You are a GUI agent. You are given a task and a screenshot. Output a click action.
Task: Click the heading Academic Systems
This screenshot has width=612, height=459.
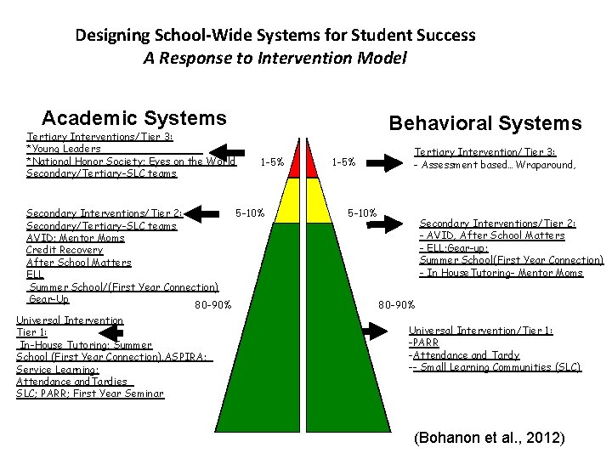[x=134, y=118]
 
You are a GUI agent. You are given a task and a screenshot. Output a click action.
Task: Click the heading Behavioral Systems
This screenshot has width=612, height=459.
[x=485, y=123]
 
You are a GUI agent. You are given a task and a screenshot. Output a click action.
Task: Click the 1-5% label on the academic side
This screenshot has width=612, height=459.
[x=272, y=161]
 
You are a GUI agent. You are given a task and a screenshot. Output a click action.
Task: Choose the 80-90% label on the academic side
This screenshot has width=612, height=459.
[x=212, y=304]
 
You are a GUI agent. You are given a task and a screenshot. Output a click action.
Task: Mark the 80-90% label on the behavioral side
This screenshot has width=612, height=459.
[x=396, y=304]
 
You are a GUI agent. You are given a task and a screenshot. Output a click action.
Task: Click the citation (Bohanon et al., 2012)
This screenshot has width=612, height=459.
[x=489, y=439]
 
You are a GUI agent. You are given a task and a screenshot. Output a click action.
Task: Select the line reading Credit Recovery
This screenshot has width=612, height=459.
[x=65, y=250]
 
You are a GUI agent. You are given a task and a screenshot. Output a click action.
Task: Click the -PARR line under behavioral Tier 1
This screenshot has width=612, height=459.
[x=423, y=343]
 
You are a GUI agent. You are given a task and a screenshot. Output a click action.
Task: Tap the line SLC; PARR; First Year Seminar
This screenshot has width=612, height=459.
[x=90, y=394]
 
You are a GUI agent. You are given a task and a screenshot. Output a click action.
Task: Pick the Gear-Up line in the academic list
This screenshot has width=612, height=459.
[x=48, y=299]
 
